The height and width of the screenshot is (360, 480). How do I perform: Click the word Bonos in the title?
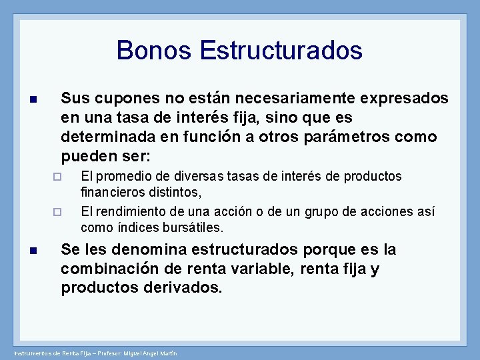tap(153, 51)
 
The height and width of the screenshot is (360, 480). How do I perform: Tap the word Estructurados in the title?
tap(281, 51)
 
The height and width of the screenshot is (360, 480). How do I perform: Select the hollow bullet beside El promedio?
tap(57, 177)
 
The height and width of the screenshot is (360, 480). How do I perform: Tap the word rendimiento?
tap(126, 212)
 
